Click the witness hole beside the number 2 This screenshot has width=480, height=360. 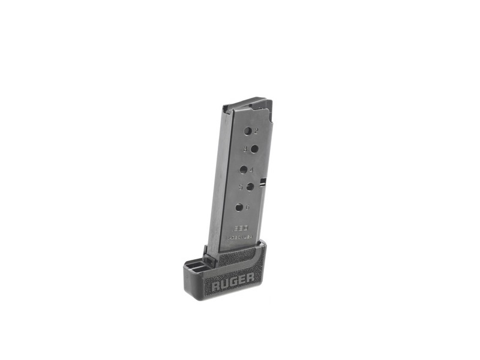pos(247,130)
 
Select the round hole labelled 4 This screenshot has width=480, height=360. pos(244,169)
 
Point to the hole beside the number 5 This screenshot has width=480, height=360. pos(250,187)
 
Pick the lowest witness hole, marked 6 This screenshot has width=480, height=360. pos(239,208)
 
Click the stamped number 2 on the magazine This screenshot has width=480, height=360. pos(256,130)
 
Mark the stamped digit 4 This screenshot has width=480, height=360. pos(252,170)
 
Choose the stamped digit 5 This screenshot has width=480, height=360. pos(241,187)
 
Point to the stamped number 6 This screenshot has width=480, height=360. pos(247,207)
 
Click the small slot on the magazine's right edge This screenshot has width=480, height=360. pos(263,180)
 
